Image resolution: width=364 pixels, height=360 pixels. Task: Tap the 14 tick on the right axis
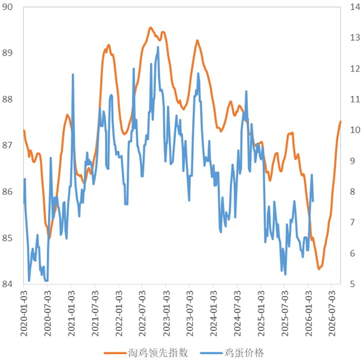(354, 8)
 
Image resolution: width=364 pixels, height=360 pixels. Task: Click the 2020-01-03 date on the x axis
(24, 312)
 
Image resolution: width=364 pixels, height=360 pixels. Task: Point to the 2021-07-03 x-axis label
(95, 312)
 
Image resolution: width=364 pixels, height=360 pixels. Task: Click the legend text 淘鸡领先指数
(158, 352)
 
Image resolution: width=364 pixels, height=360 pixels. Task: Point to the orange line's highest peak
(151, 27)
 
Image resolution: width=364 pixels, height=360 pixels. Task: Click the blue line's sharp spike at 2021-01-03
(73, 75)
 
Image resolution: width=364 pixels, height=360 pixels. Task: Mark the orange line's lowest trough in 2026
(319, 269)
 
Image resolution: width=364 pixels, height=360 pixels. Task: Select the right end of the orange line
(341, 121)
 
